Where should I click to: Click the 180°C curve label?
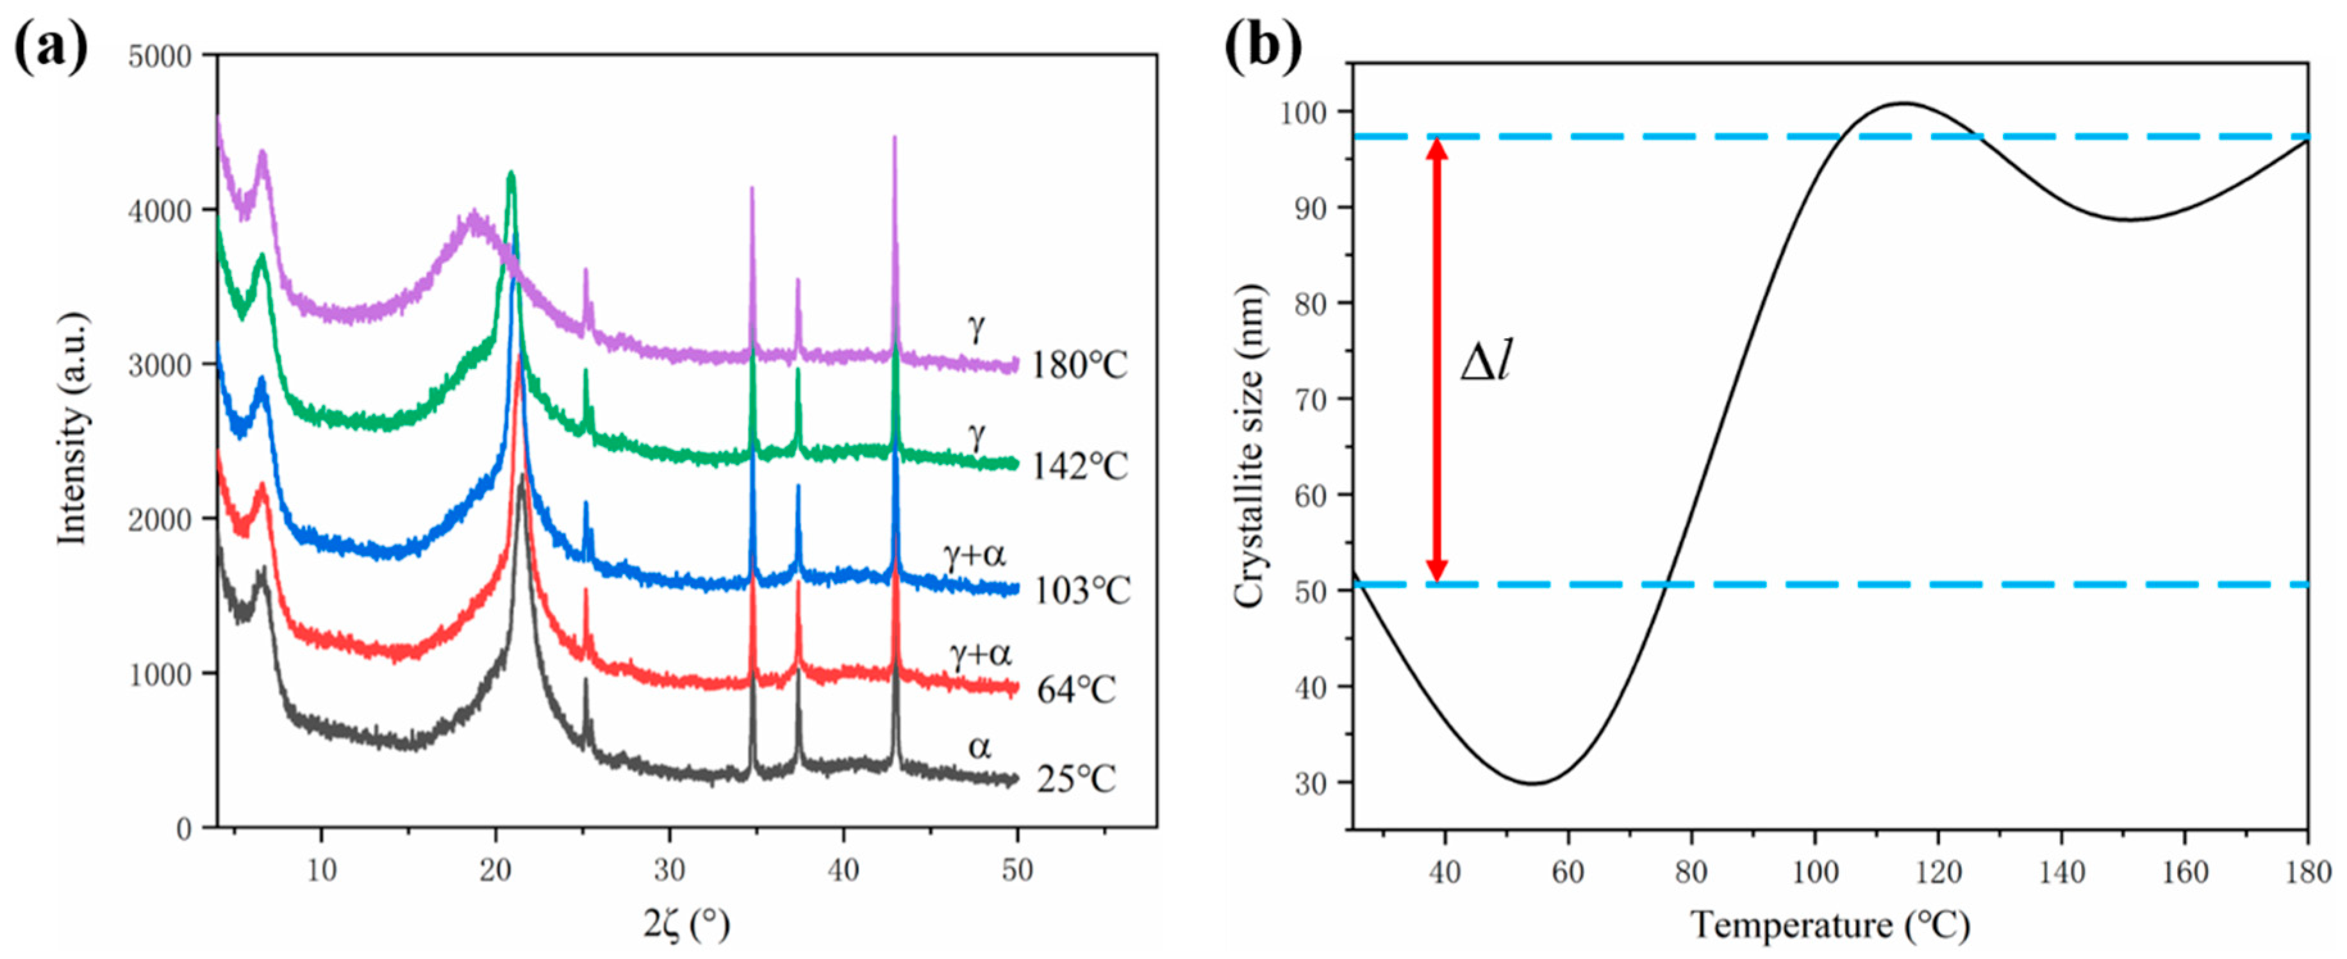pyautogui.click(x=1079, y=365)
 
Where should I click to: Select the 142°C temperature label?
pyautogui.click(x=1079, y=466)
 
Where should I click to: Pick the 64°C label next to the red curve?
pyautogui.click(x=1075, y=689)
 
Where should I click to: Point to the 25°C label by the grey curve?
pyautogui.click(x=1075, y=780)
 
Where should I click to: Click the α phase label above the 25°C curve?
pyautogui.click(x=979, y=748)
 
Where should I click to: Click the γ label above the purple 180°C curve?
pyautogui.click(x=977, y=328)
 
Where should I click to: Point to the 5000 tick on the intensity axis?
pyautogui.click(x=160, y=56)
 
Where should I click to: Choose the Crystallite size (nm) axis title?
pyautogui.click(x=1248, y=447)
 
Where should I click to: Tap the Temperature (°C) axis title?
pyautogui.click(x=1830, y=925)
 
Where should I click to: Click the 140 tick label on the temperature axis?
pyautogui.click(x=2062, y=873)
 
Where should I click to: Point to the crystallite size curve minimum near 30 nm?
pyautogui.click(x=1534, y=783)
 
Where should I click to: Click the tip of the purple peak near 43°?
pyautogui.click(x=895, y=138)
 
